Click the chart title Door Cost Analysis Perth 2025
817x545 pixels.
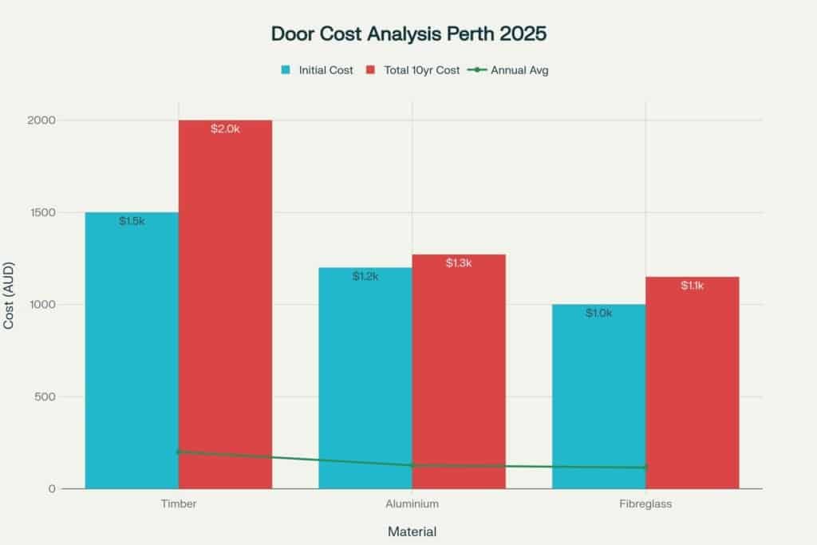408,35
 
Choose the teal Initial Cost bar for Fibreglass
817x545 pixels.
598,399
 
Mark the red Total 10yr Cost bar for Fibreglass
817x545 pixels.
693,383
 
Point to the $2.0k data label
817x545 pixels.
225,128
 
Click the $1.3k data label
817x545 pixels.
459,263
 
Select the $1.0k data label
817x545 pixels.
598,314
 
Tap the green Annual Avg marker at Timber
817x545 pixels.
179,452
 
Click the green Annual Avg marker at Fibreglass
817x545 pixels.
645,468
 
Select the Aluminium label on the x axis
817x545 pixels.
412,504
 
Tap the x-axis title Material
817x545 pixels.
412,531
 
